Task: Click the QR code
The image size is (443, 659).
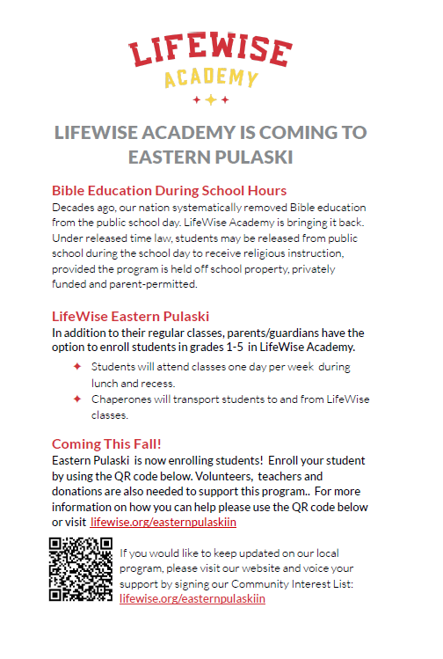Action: [x=80, y=567]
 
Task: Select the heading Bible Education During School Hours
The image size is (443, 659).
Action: [x=169, y=190]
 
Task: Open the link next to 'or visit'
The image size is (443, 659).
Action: [x=163, y=522]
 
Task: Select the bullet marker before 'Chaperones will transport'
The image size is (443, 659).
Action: [x=77, y=399]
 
